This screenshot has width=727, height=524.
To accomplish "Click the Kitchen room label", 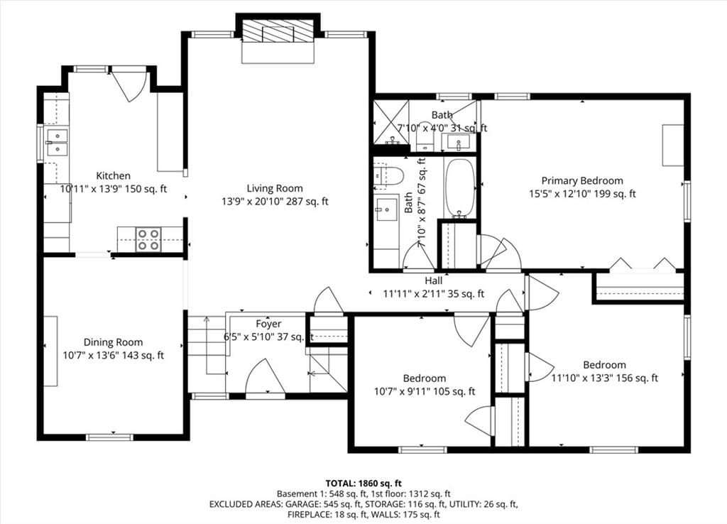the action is tap(113, 176).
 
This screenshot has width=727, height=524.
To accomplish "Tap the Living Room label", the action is tap(275, 188).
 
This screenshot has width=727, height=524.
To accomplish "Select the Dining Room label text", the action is tap(113, 342).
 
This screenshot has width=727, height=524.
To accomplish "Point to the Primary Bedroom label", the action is tap(582, 181).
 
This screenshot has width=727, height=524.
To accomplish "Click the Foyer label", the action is tap(268, 324).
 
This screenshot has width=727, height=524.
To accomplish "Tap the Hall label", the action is tap(434, 280).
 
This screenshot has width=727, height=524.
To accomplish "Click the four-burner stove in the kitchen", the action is tap(148, 240).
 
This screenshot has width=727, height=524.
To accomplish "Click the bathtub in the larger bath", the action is tap(460, 188).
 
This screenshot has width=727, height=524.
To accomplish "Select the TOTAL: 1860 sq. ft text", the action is tap(363, 484).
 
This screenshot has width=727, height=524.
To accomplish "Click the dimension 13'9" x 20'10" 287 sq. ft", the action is tap(275, 202).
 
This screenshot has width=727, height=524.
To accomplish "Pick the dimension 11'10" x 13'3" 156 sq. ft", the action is tap(605, 378).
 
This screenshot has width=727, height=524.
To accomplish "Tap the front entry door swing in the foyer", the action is tap(265, 376).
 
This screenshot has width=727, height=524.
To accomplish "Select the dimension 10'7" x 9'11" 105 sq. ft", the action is tap(425, 392).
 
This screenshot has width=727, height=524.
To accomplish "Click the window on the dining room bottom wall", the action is tap(109, 437).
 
